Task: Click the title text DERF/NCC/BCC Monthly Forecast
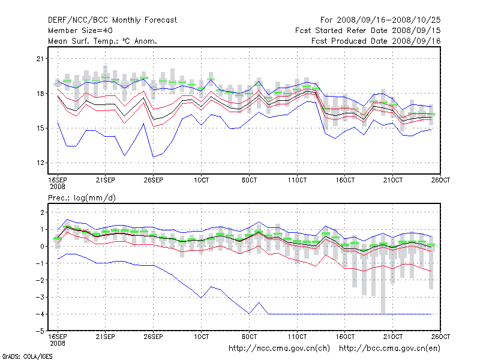tap(112, 20)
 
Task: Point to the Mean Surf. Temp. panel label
tap(103, 41)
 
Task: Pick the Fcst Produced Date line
tap(376, 41)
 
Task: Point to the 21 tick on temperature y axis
tap(41, 59)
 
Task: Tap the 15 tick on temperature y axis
tap(41, 128)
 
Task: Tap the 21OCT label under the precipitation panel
tap(393, 337)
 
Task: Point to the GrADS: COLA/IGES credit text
tap(28, 356)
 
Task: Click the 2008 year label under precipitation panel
tap(57, 343)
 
